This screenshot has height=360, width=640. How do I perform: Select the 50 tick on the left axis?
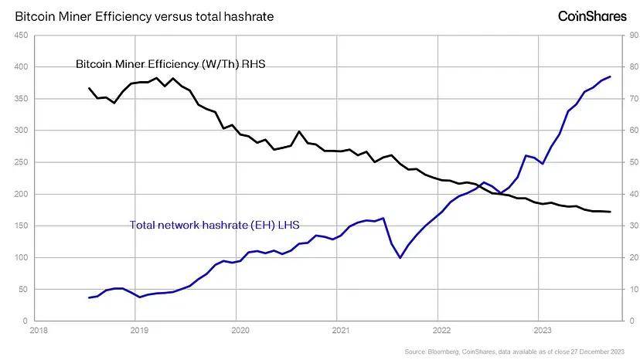[22, 289]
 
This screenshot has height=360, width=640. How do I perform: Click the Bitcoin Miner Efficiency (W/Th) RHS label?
[170, 64]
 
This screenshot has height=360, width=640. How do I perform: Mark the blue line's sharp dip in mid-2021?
[400, 257]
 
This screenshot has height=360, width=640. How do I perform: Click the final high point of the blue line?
[611, 76]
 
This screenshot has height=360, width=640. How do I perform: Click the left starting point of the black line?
[90, 88]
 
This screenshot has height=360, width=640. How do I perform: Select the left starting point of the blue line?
[90, 297]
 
